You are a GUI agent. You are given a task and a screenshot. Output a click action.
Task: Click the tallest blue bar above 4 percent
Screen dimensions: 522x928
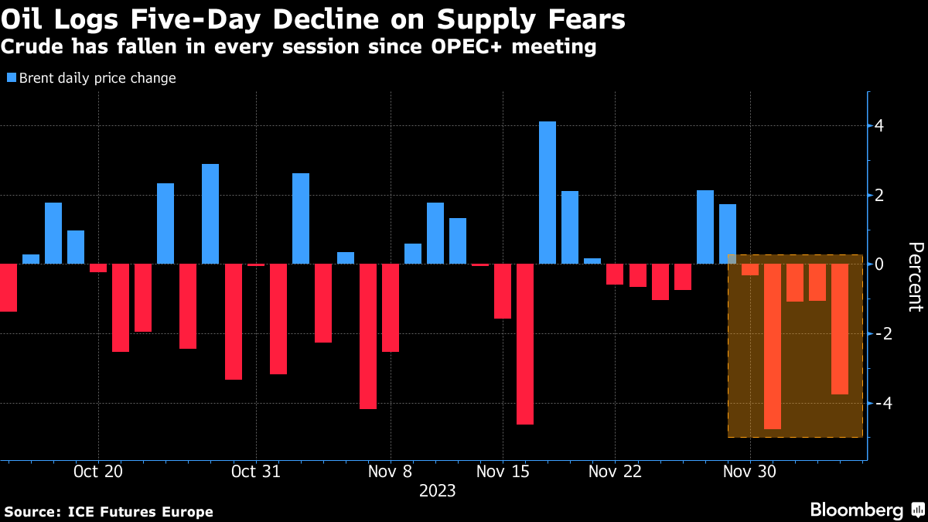pyautogui.click(x=547, y=193)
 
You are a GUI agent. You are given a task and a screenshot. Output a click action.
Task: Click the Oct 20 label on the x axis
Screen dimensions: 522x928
pyautogui.click(x=98, y=472)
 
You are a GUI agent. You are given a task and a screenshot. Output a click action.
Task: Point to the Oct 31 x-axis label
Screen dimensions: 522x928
pyautogui.click(x=255, y=472)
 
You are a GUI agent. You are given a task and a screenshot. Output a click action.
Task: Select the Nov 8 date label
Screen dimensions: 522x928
pyautogui.click(x=391, y=472)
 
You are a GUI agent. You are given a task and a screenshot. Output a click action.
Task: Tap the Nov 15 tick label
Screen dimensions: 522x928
pyautogui.click(x=503, y=472)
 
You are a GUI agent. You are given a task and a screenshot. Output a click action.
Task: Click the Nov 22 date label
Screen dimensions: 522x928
pyautogui.click(x=615, y=472)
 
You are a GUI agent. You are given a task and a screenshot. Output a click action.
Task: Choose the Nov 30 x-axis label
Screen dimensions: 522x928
pyautogui.click(x=750, y=472)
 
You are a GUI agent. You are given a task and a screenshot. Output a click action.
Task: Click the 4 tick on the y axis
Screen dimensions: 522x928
pyautogui.click(x=879, y=126)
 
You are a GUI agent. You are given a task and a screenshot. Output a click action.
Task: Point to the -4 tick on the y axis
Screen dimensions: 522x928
pyautogui.click(x=879, y=403)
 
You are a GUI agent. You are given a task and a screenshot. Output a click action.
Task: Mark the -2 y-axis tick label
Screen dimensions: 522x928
pyautogui.click(x=879, y=333)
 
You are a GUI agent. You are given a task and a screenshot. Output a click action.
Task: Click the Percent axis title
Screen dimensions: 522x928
pyautogui.click(x=915, y=276)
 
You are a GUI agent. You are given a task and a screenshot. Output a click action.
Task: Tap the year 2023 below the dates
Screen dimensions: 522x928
pyautogui.click(x=437, y=491)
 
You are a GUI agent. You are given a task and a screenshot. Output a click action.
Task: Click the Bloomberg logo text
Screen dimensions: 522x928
pyautogui.click(x=856, y=510)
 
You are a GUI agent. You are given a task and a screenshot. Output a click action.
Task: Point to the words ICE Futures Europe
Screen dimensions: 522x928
pyautogui.click(x=140, y=511)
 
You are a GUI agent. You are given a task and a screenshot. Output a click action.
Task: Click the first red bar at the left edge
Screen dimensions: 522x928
pyautogui.click(x=8, y=288)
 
